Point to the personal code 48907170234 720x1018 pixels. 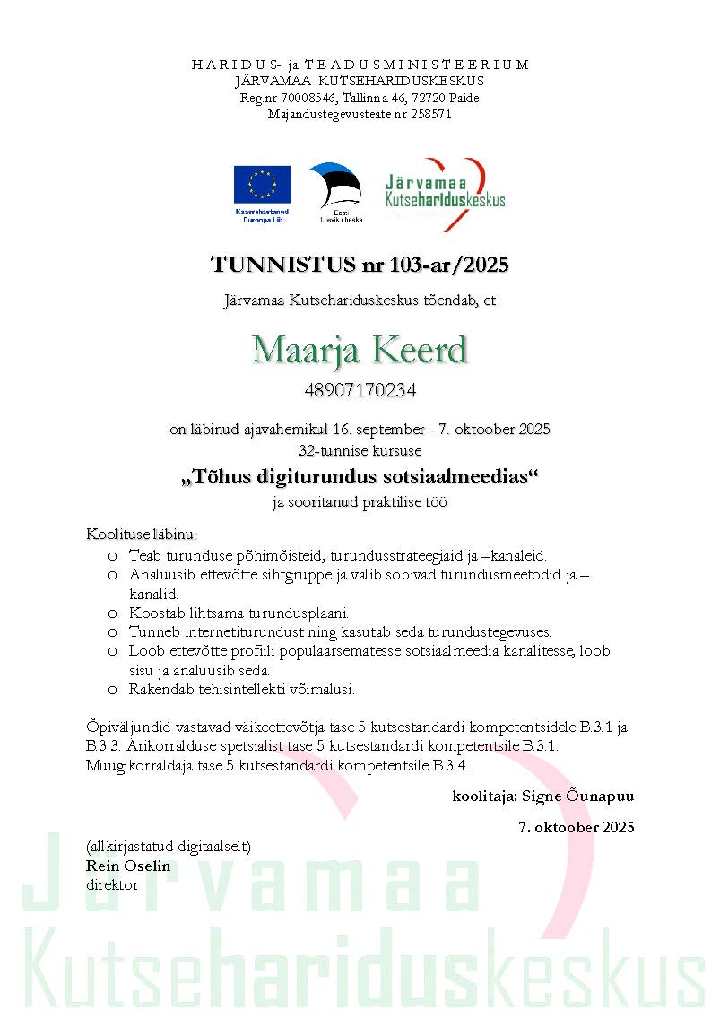click(x=360, y=391)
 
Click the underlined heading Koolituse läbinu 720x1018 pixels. click(x=141, y=535)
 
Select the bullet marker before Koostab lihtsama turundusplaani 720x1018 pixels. click(x=112, y=613)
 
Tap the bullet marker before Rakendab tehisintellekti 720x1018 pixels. click(x=112, y=690)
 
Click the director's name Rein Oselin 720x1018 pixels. click(x=128, y=866)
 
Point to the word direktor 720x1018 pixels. click(x=112, y=884)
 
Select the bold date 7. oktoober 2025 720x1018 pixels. click(x=576, y=827)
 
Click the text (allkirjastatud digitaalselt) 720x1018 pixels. click(x=169, y=847)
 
